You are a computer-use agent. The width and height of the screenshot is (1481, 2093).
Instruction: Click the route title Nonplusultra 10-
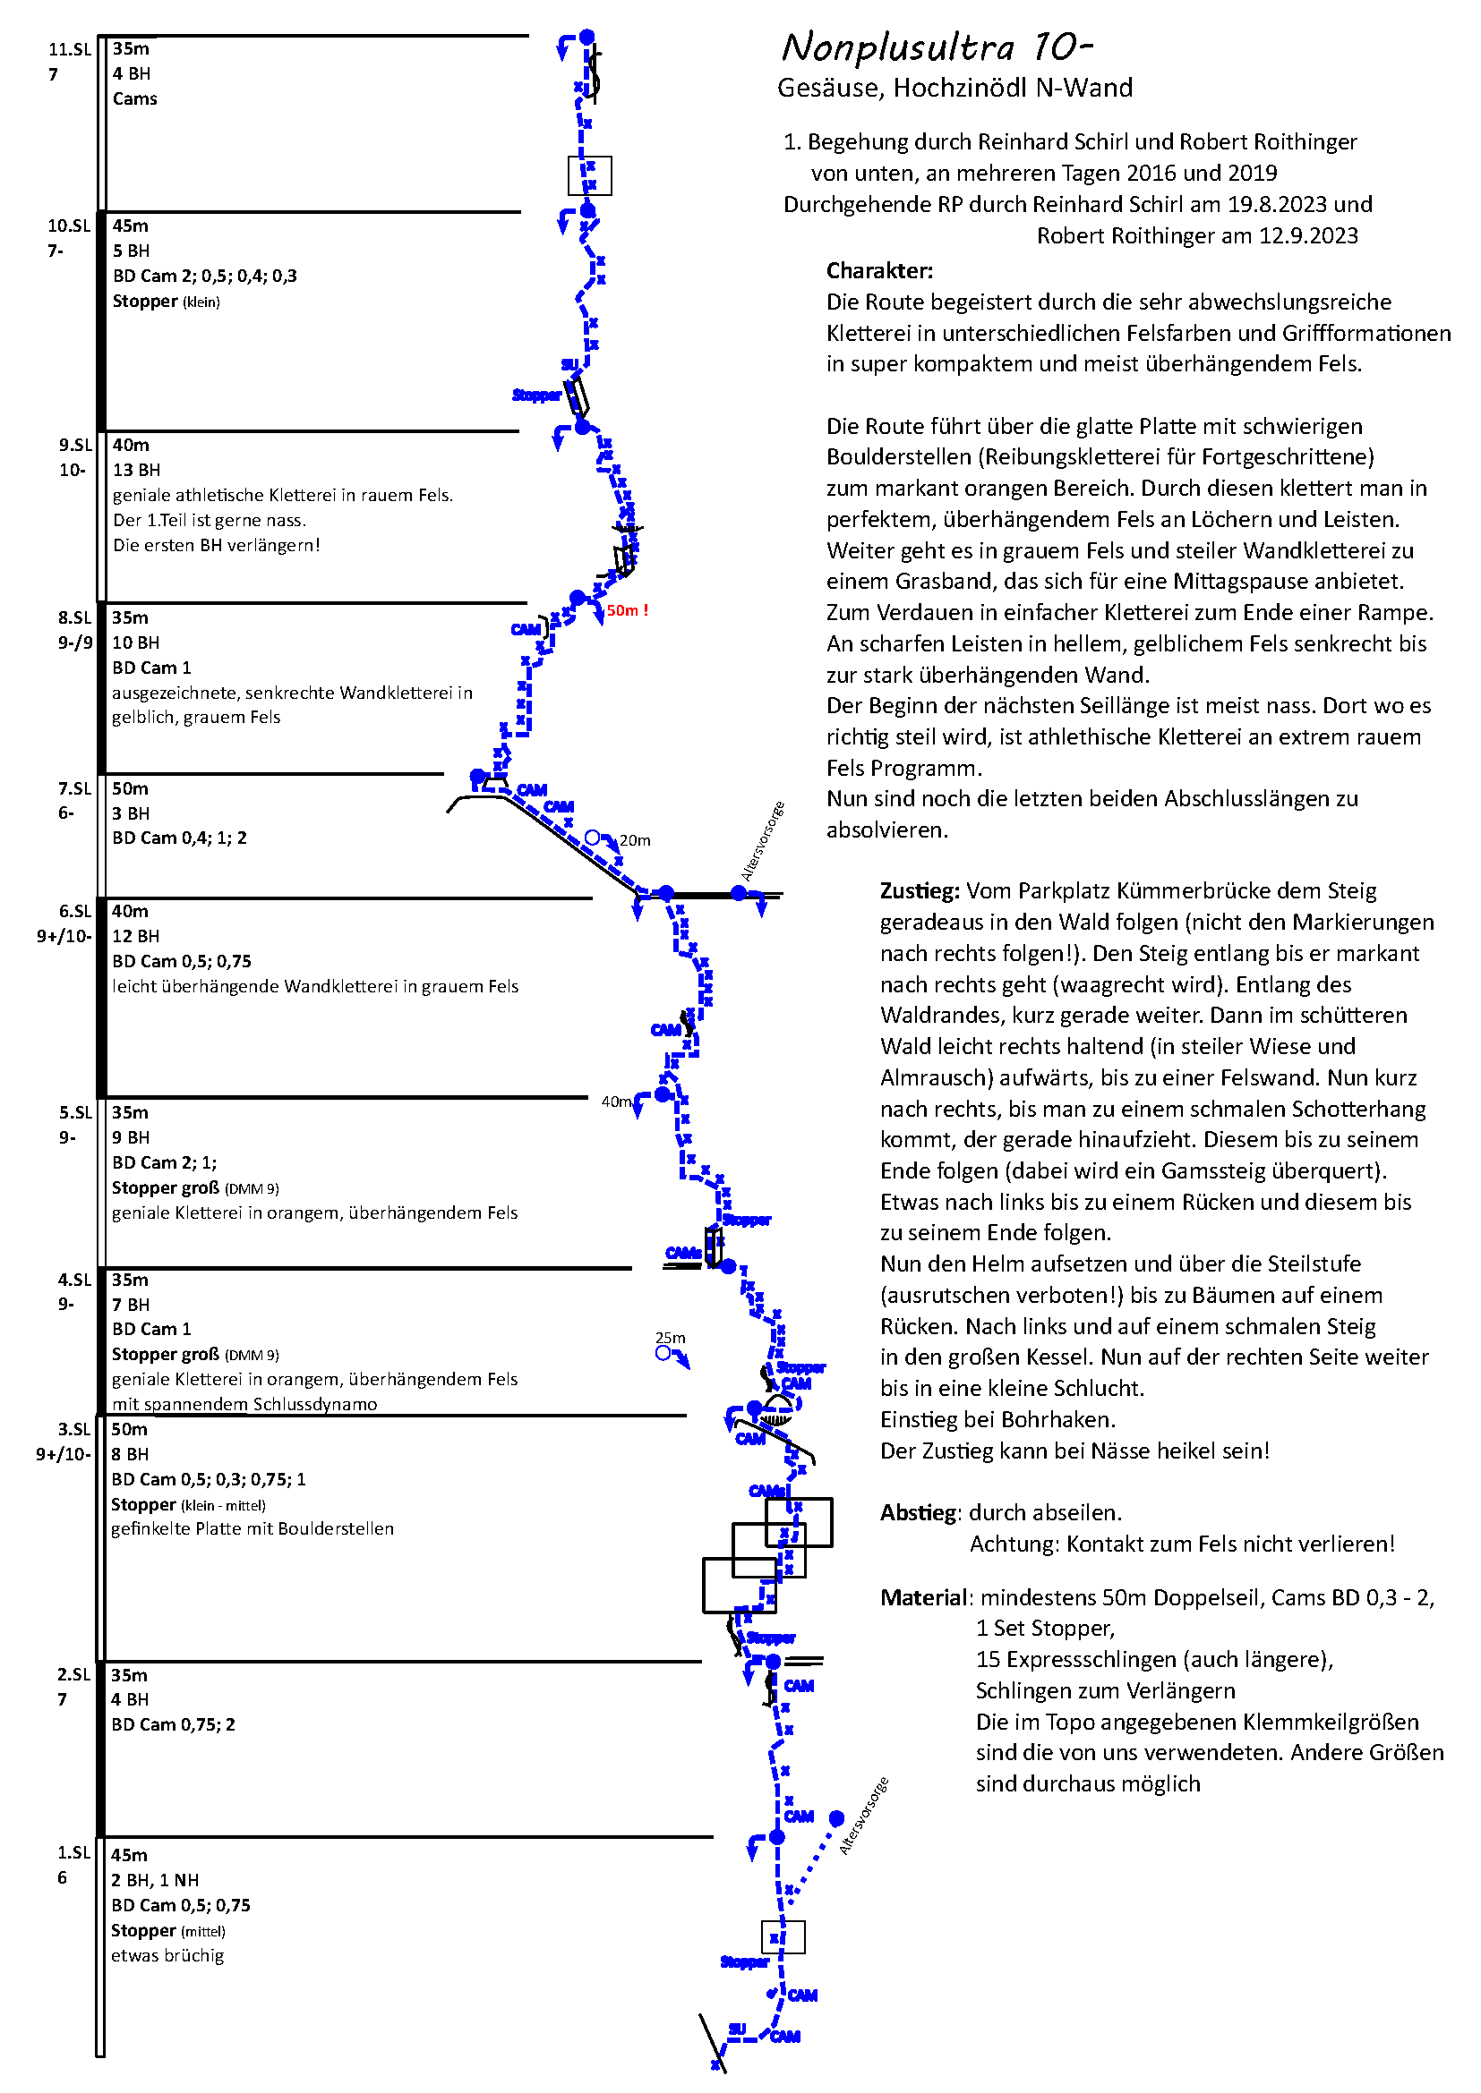click(937, 47)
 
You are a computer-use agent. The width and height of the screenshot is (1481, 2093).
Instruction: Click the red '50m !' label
click(628, 611)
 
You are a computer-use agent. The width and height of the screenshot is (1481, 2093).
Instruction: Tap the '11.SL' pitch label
click(69, 49)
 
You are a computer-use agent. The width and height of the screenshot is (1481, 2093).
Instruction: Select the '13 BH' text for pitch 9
click(136, 471)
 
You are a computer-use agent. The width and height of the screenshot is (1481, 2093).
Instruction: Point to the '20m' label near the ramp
click(635, 840)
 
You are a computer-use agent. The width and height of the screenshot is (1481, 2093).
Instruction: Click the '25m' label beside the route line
click(671, 1338)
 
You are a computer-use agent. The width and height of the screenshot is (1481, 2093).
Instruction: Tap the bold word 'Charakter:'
click(879, 271)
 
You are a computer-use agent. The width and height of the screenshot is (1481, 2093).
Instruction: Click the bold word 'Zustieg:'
click(920, 891)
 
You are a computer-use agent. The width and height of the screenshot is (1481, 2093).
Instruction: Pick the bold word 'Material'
click(922, 1598)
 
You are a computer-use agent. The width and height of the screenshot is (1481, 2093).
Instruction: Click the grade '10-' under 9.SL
click(72, 471)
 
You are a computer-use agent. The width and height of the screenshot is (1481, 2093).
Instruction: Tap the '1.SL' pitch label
click(73, 1853)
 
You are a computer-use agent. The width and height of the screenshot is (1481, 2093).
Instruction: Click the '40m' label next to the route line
click(616, 1102)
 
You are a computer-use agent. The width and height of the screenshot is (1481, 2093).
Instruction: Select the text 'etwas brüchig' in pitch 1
click(167, 1956)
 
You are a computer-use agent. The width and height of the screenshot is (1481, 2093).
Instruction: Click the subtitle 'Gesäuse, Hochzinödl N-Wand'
click(954, 89)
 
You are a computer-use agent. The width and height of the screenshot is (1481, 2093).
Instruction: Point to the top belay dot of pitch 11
click(587, 37)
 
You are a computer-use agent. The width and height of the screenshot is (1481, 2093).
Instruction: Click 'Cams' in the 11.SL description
click(135, 98)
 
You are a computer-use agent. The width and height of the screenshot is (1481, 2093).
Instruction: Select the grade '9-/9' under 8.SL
click(75, 642)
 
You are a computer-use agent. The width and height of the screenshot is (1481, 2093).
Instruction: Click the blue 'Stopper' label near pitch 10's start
click(536, 396)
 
